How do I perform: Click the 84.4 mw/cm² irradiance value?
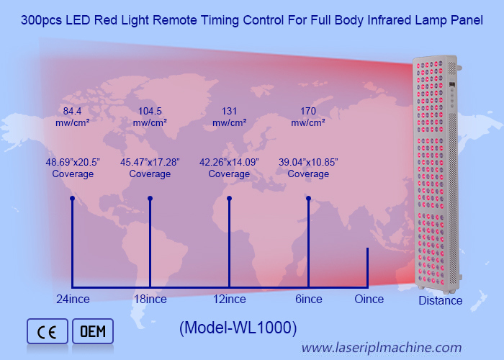(72, 117)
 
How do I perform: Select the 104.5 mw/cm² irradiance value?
(150, 117)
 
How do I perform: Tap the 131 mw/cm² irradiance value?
(229, 117)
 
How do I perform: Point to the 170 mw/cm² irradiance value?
(308, 117)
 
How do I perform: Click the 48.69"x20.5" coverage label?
(72, 168)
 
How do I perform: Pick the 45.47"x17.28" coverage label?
(150, 168)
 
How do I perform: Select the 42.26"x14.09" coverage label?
(229, 168)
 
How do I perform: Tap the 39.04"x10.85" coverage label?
(308, 168)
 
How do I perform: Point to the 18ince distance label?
(150, 299)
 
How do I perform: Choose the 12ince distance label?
(229, 299)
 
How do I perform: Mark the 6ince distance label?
(307, 299)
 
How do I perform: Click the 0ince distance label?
(369, 299)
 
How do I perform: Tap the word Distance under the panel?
(441, 300)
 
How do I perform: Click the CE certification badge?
(47, 331)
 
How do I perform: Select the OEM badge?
(93, 331)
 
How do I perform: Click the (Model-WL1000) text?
(238, 328)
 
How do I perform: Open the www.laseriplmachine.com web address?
(381, 348)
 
